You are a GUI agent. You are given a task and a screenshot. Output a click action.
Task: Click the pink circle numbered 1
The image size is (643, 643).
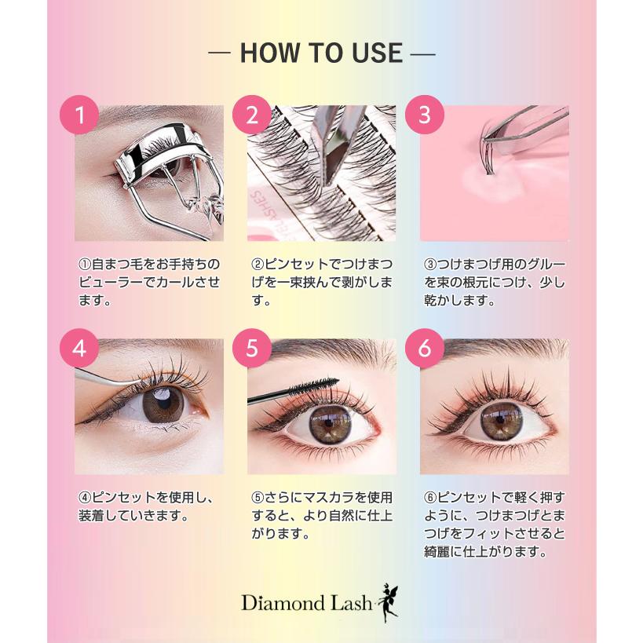point(79,115)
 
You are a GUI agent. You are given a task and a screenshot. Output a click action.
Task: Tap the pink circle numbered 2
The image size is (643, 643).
point(252,115)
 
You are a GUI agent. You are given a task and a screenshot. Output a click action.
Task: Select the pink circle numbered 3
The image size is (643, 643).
point(425,115)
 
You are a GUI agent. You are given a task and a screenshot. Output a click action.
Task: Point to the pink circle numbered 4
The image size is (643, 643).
point(79,349)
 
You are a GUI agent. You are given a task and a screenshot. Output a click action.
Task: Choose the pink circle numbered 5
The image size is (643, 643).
point(252,349)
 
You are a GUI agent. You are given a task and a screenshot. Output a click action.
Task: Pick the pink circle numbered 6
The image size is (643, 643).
point(425,349)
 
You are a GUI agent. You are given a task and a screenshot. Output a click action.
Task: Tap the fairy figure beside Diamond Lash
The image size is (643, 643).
point(387,601)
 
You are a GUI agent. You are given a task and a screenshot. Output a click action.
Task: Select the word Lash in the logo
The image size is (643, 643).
point(348,604)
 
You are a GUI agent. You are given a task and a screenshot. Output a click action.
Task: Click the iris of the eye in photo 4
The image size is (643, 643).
point(163,404)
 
